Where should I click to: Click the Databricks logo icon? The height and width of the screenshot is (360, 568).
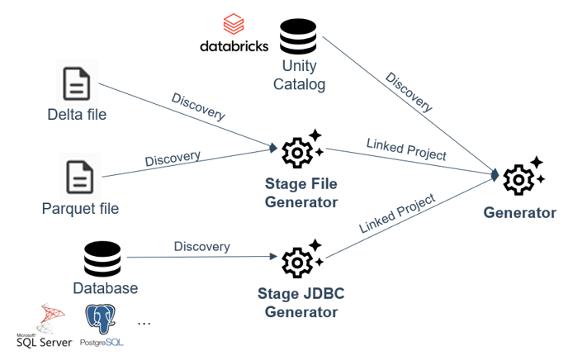pyautogui.click(x=234, y=24)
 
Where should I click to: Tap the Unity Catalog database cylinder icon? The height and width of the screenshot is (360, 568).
pyautogui.click(x=298, y=36)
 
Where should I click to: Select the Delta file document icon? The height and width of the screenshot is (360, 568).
pyautogui.click(x=77, y=83)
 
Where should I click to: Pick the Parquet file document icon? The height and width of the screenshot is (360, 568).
pyautogui.click(x=80, y=177)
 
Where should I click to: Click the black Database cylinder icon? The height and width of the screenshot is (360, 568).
pyautogui.click(x=102, y=259)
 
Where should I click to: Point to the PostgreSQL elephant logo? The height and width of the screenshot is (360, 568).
pyautogui.click(x=101, y=319)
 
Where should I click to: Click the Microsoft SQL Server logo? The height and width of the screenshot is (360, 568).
pyautogui.click(x=45, y=325)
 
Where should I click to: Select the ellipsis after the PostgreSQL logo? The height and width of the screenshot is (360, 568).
pyautogui.click(x=144, y=323)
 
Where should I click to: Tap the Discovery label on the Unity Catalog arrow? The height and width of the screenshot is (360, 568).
pyautogui.click(x=409, y=92)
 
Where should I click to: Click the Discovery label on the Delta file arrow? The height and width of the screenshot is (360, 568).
pyautogui.click(x=198, y=107)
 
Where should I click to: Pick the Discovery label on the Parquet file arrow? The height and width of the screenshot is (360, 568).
pyautogui.click(x=173, y=159)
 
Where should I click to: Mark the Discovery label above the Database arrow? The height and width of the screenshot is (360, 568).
pyautogui.click(x=201, y=247)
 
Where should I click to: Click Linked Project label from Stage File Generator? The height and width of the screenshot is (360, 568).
pyautogui.click(x=406, y=149)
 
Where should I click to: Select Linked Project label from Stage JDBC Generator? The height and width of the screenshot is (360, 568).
pyautogui.click(x=397, y=213)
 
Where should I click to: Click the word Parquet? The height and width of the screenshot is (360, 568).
pyautogui.click(x=64, y=209)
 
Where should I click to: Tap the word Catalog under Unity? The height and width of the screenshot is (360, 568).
pyautogui.click(x=299, y=85)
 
